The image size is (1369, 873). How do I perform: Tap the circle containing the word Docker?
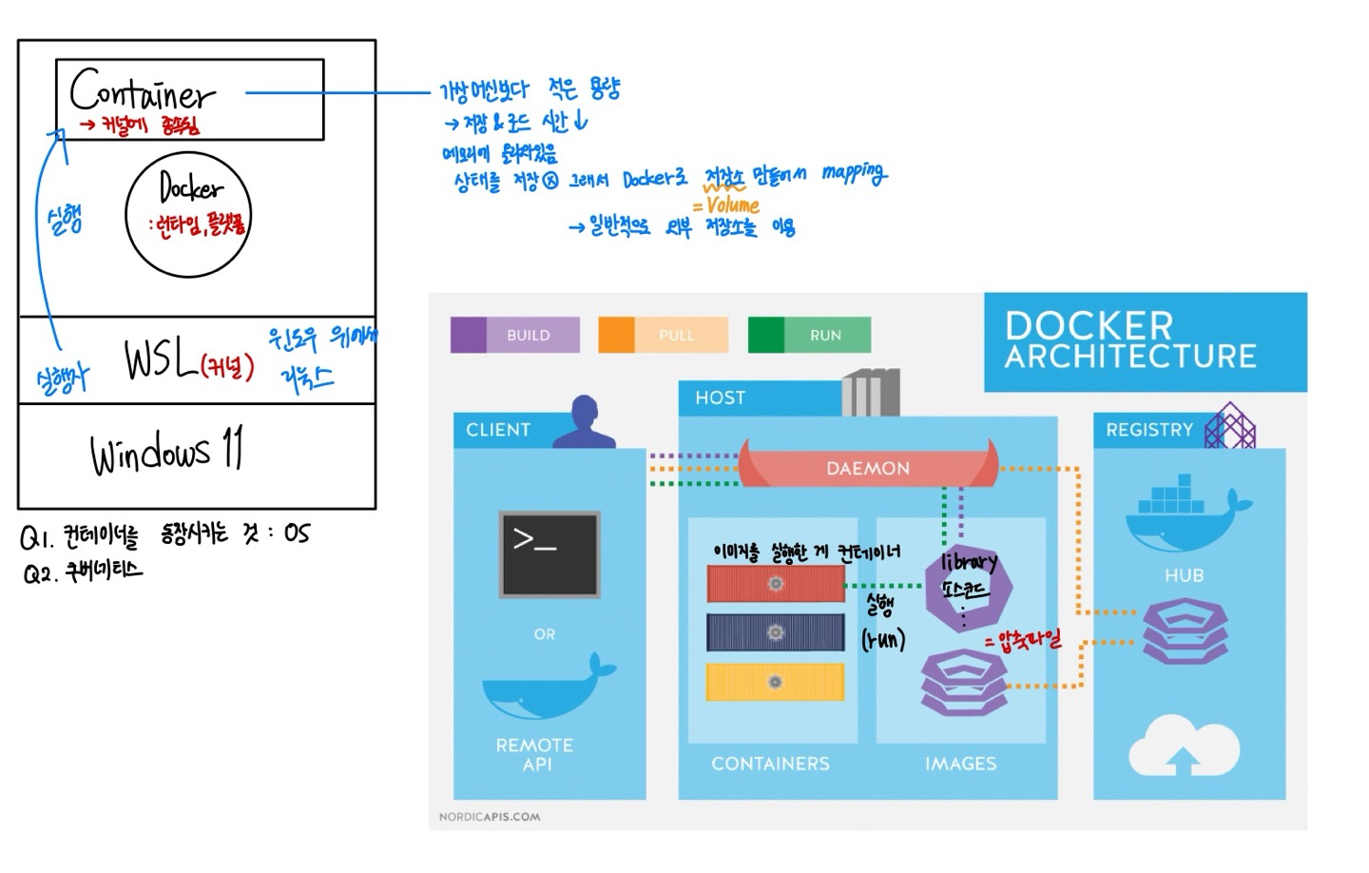[x=188, y=214]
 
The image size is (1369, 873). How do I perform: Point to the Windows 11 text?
[x=167, y=451]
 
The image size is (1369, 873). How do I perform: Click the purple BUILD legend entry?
[x=514, y=335]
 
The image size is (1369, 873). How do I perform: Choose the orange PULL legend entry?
[x=663, y=335]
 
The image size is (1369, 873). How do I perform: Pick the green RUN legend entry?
[x=809, y=335]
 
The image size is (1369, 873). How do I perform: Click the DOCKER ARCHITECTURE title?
[x=1131, y=340]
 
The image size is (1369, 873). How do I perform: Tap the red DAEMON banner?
[x=868, y=467]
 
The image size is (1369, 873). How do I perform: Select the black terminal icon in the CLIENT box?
[x=550, y=553]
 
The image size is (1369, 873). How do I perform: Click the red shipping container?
[x=776, y=584]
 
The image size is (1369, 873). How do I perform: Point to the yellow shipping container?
[x=776, y=682]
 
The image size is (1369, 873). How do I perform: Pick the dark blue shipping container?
[x=776, y=632]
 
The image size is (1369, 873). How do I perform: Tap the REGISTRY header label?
[x=1148, y=430]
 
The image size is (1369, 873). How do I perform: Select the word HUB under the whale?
[x=1184, y=575]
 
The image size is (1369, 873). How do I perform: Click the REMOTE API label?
[x=534, y=754]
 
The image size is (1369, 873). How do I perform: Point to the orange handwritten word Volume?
[x=733, y=204]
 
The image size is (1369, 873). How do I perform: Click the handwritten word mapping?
[x=854, y=173]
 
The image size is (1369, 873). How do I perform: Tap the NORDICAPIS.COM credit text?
[x=490, y=816]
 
